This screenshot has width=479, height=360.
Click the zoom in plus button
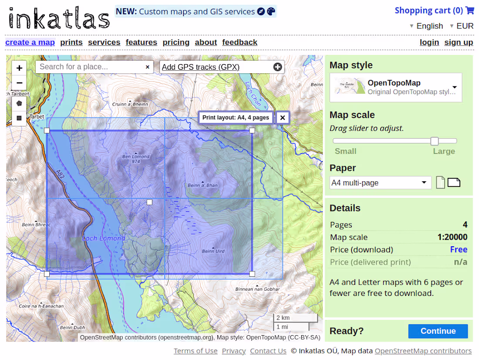(x=19, y=68)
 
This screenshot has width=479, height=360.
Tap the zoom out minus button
(x=19, y=82)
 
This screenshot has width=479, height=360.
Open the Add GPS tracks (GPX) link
(x=201, y=67)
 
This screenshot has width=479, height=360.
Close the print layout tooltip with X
(x=283, y=117)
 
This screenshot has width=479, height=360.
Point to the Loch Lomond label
(x=104, y=238)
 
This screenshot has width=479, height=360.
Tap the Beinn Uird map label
(x=213, y=251)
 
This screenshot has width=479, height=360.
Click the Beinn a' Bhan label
(x=202, y=185)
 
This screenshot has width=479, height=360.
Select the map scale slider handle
(x=434, y=141)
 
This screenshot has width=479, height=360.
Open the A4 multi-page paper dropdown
(x=380, y=183)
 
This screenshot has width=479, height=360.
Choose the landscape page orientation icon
(x=454, y=183)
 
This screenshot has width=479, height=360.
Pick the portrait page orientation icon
(x=440, y=183)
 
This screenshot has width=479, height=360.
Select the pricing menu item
(x=176, y=42)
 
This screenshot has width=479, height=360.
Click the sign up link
(x=459, y=42)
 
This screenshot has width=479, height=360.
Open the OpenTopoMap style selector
(x=395, y=87)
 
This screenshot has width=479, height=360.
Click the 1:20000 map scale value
(x=452, y=237)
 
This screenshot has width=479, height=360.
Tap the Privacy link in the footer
(x=234, y=351)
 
